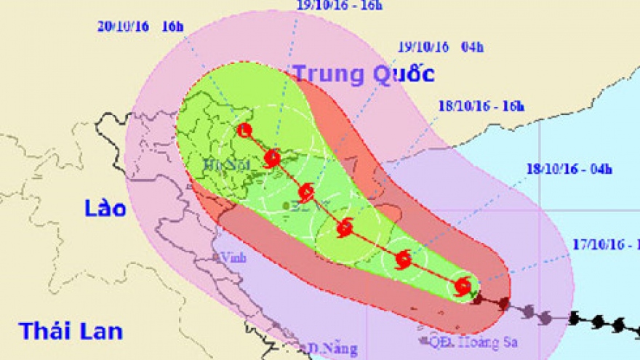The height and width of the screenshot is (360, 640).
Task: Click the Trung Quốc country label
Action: (x=363, y=73)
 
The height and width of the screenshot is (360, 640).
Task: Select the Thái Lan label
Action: (x=61, y=332)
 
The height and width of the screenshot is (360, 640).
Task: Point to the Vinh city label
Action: (x=235, y=257)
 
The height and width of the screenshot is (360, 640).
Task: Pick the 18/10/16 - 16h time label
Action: (x=481, y=105)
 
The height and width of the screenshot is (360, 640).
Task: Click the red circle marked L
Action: (x=244, y=131)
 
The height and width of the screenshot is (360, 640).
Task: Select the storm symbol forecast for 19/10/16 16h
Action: (x=273, y=158)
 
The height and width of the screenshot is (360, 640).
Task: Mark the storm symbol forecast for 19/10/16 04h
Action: (x=306, y=193)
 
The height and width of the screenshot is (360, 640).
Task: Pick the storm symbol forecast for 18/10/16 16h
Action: (x=345, y=228)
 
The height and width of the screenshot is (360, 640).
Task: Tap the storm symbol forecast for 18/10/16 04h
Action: (x=404, y=260)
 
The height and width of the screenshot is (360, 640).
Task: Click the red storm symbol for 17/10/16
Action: (x=462, y=287)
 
